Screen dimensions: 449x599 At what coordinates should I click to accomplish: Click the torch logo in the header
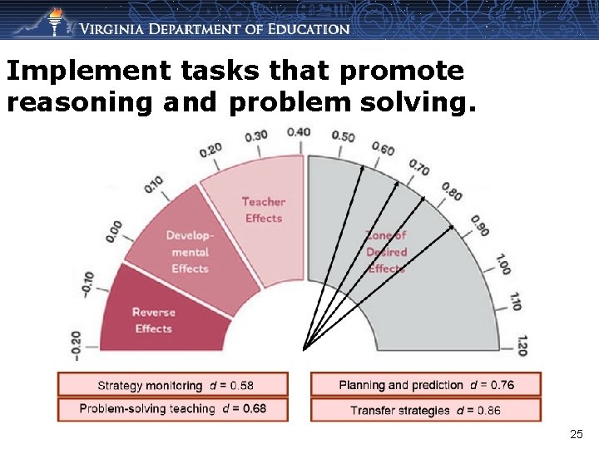(x=55, y=21)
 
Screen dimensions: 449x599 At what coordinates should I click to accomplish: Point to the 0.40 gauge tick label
(x=299, y=132)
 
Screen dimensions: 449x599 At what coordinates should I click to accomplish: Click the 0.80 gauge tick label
(x=453, y=191)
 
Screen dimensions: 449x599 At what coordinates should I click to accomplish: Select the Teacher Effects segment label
(x=264, y=210)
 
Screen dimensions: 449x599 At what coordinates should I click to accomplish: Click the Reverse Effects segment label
(x=153, y=320)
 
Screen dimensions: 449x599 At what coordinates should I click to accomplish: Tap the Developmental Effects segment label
(x=190, y=251)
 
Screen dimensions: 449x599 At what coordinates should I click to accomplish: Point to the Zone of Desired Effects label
(x=386, y=252)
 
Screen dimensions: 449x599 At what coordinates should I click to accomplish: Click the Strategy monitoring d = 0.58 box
(x=173, y=385)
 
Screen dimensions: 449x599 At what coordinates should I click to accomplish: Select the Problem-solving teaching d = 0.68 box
(x=173, y=409)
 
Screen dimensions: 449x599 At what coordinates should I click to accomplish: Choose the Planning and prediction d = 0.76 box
(x=426, y=385)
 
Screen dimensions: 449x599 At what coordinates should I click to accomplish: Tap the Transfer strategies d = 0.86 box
(x=426, y=410)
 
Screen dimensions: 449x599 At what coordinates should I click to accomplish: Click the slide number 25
(x=577, y=434)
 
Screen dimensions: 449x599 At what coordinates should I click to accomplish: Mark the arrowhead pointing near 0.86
(x=451, y=225)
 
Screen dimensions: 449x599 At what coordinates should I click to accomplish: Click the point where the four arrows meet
(x=304, y=348)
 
